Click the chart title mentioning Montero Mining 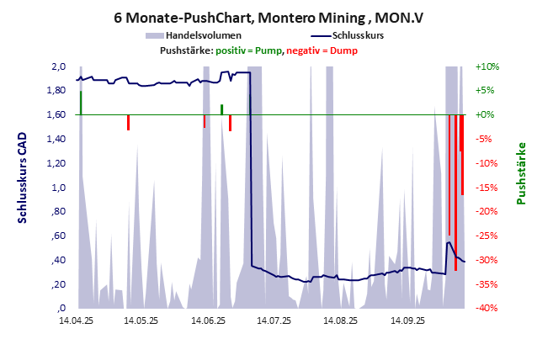tap(269, 17)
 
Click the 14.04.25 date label tap(77, 320)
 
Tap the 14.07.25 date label tap(274, 320)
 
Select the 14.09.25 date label tap(405, 320)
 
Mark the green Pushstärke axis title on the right tap(521, 173)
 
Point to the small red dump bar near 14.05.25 tap(128, 122)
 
